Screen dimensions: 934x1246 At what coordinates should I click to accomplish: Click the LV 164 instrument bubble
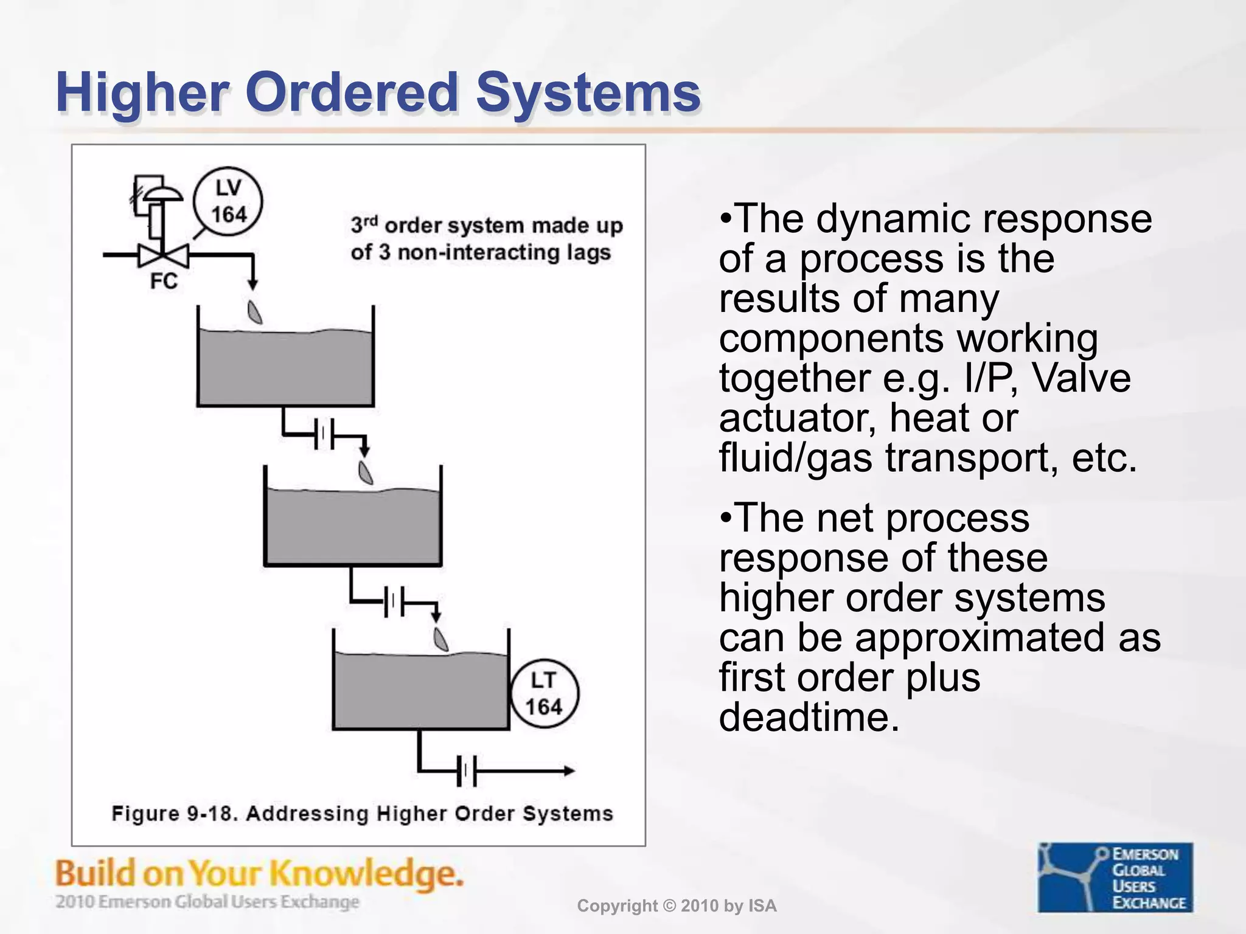pyautogui.click(x=228, y=201)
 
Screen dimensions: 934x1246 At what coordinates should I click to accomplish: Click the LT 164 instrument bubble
pyautogui.click(x=544, y=694)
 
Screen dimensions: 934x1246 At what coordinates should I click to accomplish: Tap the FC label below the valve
pyautogui.click(x=164, y=281)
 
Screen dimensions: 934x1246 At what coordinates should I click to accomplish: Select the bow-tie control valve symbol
pyautogui.click(x=163, y=255)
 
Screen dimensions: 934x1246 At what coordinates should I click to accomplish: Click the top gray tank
pyautogui.click(x=285, y=368)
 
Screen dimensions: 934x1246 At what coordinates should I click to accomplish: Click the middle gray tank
pyautogui.click(x=353, y=526)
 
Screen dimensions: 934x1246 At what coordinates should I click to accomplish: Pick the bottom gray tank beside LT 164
pyautogui.click(x=421, y=690)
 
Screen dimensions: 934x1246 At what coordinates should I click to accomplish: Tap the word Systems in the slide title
pyautogui.click(x=588, y=93)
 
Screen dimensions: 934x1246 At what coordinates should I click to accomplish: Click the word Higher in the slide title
pyautogui.click(x=142, y=93)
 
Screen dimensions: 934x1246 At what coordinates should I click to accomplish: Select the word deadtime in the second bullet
pyautogui.click(x=809, y=718)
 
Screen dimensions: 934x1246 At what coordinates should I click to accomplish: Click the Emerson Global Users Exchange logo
pyautogui.click(x=1115, y=877)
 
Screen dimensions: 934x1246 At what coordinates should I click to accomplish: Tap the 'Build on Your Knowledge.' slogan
pyautogui.click(x=259, y=874)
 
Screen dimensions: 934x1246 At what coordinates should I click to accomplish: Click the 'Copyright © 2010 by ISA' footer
pyautogui.click(x=677, y=906)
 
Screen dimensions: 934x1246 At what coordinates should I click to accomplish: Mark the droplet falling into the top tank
pyautogui.click(x=254, y=312)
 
